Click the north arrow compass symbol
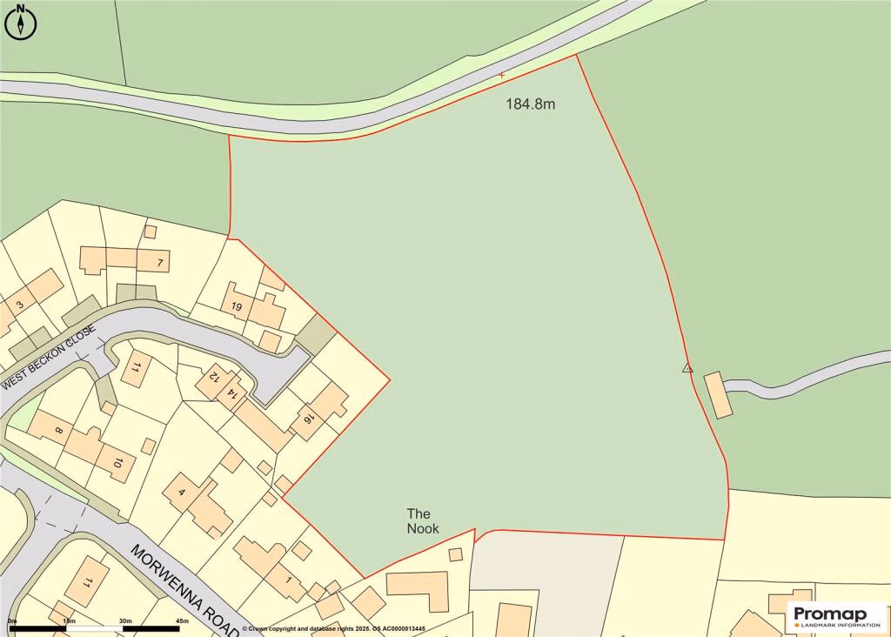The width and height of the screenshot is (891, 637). click(x=21, y=22)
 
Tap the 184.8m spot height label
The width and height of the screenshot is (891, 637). click(x=531, y=104)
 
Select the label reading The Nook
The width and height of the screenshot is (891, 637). click(x=423, y=521)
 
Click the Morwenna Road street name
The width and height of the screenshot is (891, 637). click(x=185, y=587)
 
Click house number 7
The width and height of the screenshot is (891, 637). click(x=161, y=261)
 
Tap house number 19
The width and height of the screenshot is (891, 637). click(x=236, y=306)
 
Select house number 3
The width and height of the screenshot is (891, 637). click(x=18, y=305)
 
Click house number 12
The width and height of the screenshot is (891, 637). click(x=211, y=381)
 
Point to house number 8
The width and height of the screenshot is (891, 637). click(x=59, y=430)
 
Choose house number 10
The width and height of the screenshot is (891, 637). click(x=117, y=462)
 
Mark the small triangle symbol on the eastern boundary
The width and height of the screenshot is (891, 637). click(x=687, y=368)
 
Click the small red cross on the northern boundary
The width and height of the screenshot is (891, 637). click(x=501, y=76)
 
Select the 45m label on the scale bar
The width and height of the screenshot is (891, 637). click(x=182, y=620)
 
